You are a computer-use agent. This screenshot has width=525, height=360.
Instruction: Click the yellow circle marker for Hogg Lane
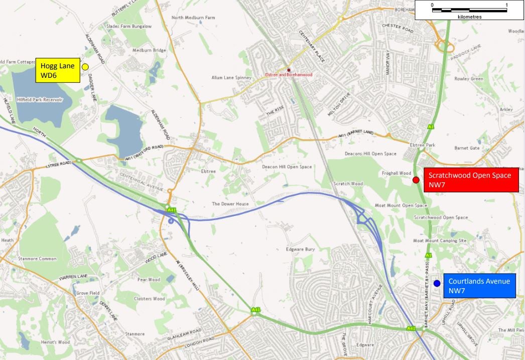(85, 67)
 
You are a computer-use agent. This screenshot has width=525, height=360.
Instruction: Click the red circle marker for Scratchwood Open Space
(416, 180)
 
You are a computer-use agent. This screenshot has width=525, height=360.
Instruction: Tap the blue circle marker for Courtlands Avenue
(437, 284)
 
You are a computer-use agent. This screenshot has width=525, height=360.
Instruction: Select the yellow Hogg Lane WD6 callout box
(57, 71)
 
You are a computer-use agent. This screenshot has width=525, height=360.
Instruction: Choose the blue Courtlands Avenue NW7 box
(479, 286)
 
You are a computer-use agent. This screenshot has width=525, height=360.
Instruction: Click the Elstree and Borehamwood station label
(289, 75)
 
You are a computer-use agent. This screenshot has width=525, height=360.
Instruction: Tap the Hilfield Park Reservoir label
(39, 100)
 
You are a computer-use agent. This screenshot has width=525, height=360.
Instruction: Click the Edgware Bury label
(300, 249)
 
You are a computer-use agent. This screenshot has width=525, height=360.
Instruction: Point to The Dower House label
(230, 204)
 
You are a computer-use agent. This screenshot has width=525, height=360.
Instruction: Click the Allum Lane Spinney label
(231, 78)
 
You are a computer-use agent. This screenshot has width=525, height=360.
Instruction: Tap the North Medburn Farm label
(193, 18)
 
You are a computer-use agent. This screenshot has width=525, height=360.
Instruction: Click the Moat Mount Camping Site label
(440, 241)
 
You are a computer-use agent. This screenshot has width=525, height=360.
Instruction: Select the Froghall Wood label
(396, 173)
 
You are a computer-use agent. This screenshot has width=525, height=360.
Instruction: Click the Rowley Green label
(468, 79)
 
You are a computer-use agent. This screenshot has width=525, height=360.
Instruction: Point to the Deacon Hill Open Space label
(287, 167)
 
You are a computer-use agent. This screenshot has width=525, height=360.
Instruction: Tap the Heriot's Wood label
(56, 342)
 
